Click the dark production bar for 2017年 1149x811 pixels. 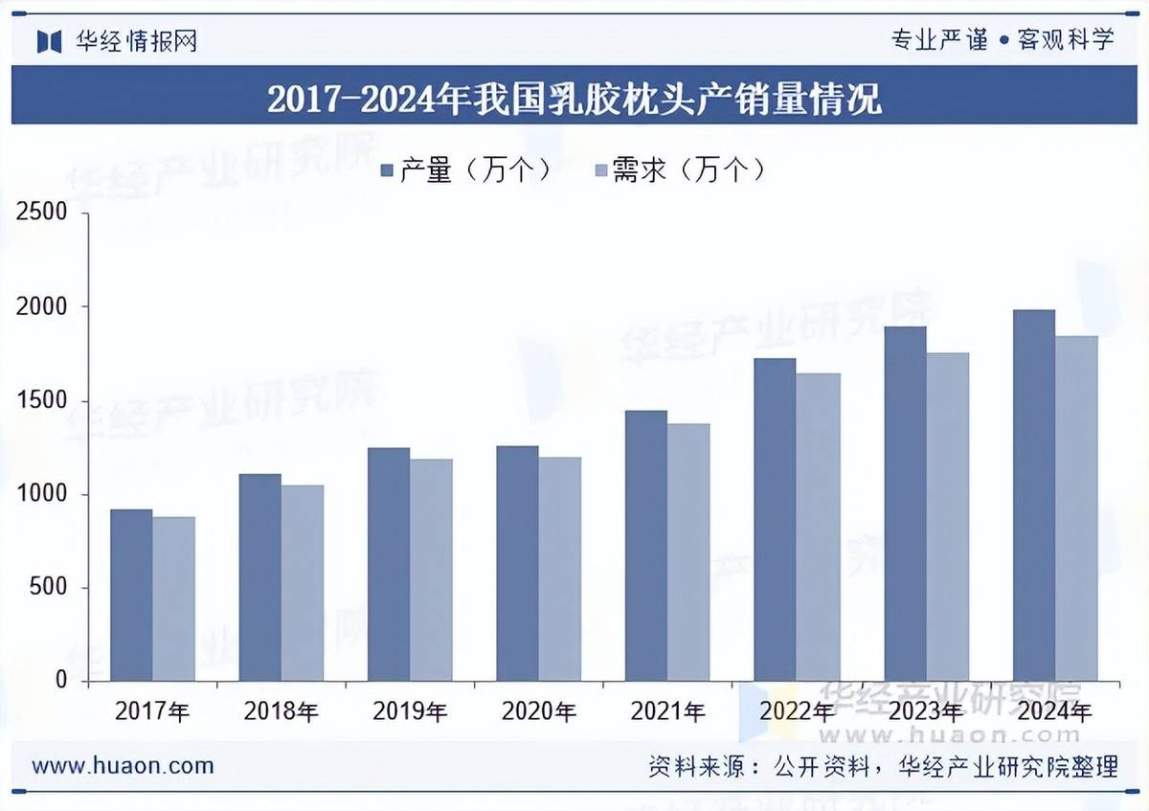[x=131, y=594]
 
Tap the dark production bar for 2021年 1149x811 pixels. [x=646, y=546]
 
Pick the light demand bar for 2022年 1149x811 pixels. [x=818, y=527]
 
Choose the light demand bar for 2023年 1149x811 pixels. [x=947, y=517]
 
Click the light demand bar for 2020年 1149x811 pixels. [x=560, y=569]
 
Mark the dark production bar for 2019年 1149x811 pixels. [x=389, y=564]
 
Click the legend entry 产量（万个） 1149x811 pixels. [x=466, y=170]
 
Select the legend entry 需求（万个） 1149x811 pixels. [x=681, y=170]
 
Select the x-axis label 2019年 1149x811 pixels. [x=410, y=711]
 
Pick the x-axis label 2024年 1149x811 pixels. [x=1054, y=711]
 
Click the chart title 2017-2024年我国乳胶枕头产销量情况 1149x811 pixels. [x=574, y=99]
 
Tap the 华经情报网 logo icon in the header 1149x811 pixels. [x=49, y=41]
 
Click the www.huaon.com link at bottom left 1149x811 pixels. [x=123, y=766]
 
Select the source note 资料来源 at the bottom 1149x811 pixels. [x=883, y=767]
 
